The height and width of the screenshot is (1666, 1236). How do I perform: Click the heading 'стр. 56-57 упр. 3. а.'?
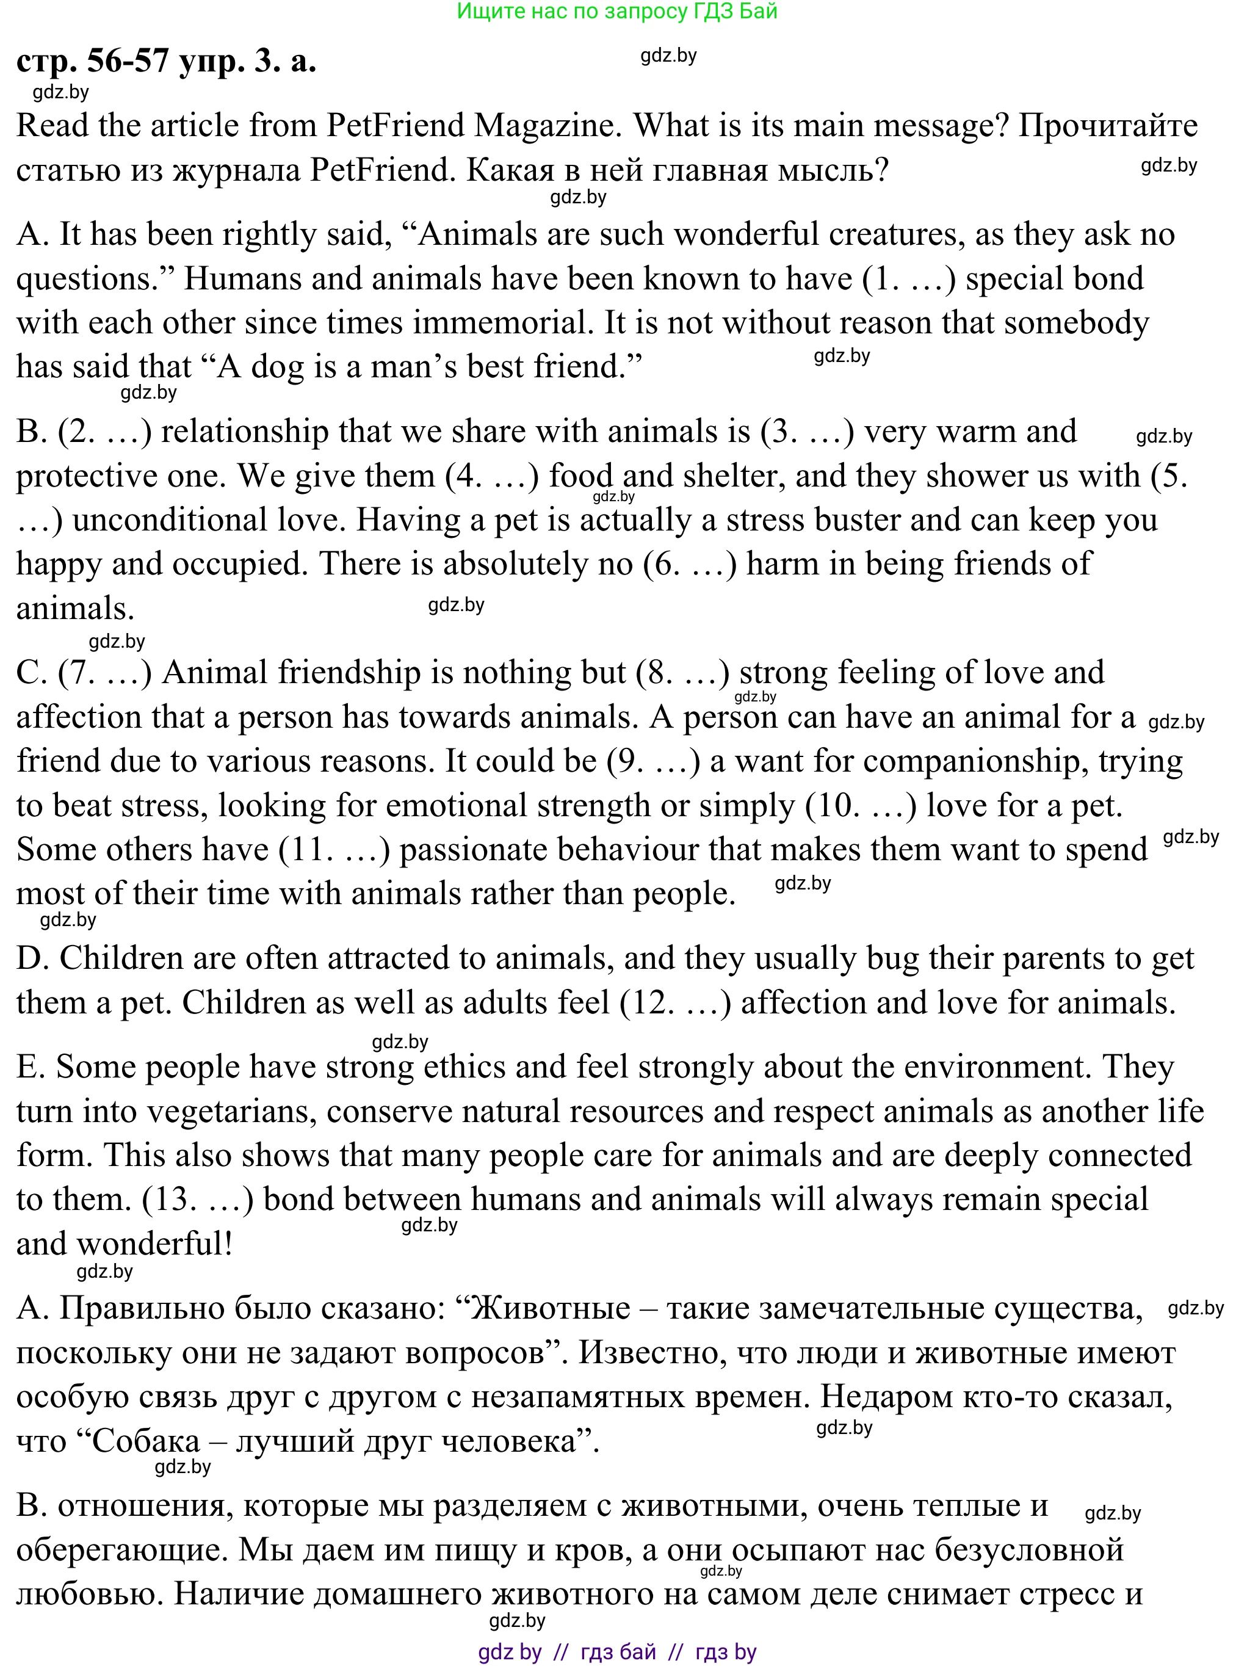166,60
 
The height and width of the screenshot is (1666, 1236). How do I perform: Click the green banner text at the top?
617,11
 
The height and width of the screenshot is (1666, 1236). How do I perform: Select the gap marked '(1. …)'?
908,278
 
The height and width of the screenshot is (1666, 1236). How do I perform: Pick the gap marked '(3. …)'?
806,432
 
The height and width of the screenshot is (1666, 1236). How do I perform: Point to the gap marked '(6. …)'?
689,563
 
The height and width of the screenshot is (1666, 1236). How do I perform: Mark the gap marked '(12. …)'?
675,1002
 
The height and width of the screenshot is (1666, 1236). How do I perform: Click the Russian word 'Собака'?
145,1441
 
